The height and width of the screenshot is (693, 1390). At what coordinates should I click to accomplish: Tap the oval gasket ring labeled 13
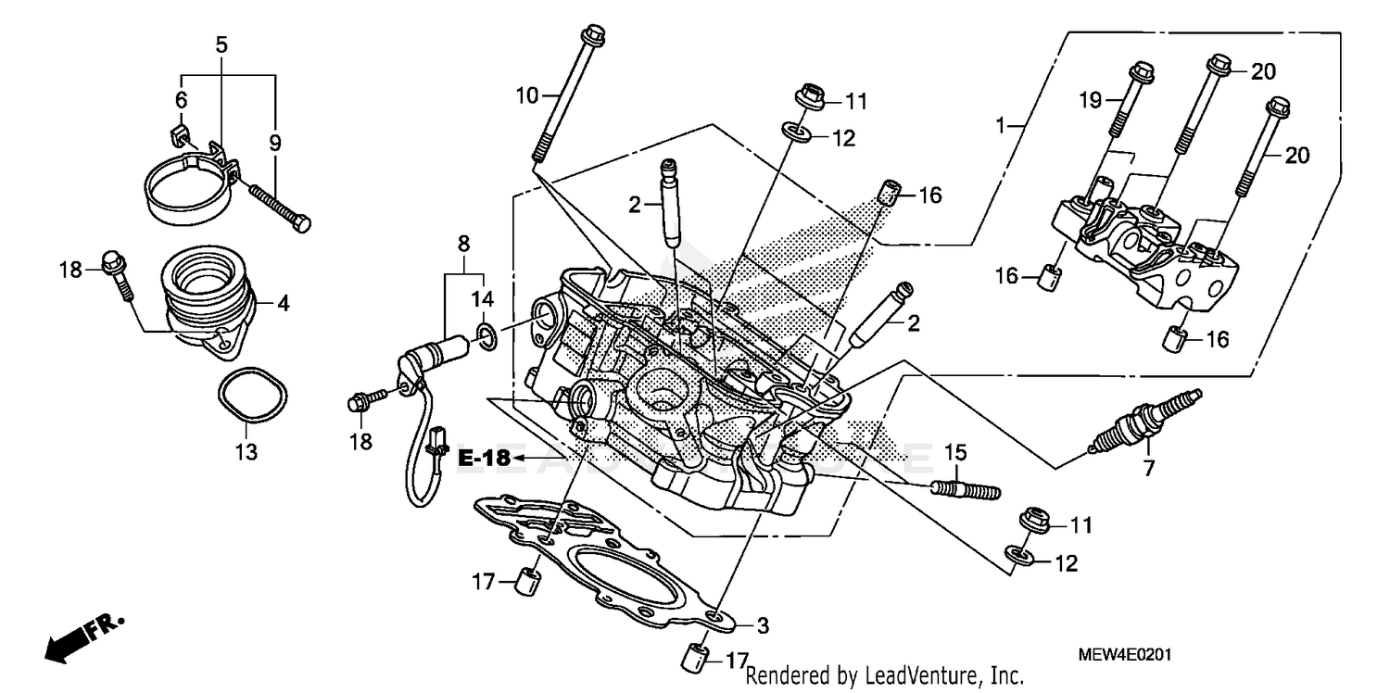[248, 396]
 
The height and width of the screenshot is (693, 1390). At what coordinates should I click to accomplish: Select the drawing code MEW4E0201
[1125, 655]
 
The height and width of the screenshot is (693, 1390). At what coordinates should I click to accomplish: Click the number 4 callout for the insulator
[284, 303]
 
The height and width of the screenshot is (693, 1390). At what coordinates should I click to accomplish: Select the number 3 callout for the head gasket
[762, 625]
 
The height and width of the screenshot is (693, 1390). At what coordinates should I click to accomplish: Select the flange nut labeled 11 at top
[811, 97]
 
